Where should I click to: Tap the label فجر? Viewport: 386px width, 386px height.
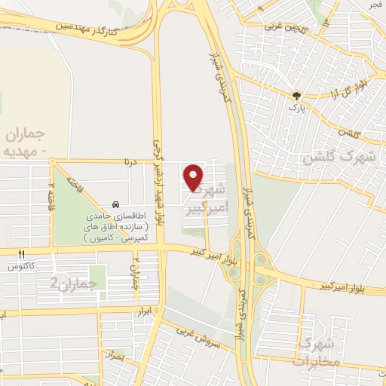(x=374, y=5)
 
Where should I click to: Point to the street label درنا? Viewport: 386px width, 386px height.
(x=133, y=160)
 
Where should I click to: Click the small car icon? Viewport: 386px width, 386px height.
(x=115, y=204)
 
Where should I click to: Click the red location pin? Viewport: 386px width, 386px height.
(x=195, y=177)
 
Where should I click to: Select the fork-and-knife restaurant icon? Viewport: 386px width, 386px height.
(x=22, y=254)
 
